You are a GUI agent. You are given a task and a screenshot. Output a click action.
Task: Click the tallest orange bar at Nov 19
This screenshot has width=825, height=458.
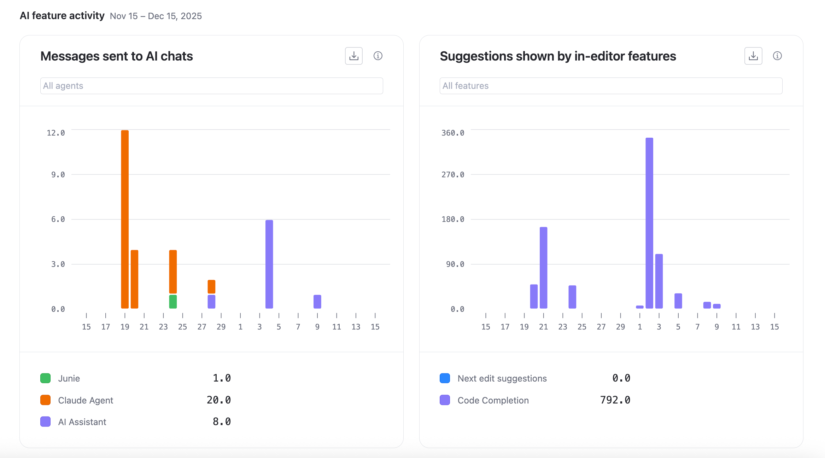click(x=125, y=219)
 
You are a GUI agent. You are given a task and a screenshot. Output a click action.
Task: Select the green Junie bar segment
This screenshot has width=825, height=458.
click(x=173, y=302)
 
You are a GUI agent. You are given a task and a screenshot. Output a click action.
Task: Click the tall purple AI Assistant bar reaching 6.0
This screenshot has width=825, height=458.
click(x=269, y=264)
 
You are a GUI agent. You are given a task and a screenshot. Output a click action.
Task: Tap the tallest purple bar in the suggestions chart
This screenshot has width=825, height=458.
click(x=649, y=223)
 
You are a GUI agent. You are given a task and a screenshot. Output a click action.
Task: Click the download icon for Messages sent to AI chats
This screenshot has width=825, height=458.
click(x=354, y=56)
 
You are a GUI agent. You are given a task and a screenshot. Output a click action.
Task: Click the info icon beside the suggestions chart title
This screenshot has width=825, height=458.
click(x=777, y=56)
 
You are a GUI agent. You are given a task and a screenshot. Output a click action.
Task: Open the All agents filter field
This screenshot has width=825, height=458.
click(x=211, y=86)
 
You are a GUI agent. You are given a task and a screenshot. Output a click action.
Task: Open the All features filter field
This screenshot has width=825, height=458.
click(x=610, y=86)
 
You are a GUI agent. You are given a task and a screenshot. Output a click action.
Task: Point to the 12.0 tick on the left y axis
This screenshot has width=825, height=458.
click(x=56, y=133)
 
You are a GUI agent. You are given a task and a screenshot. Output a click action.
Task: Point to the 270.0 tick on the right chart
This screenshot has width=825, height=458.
click(x=453, y=174)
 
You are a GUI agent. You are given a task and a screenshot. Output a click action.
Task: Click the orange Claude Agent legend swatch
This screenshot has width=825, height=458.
click(x=46, y=400)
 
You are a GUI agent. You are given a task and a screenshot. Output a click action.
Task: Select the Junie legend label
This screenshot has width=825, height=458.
click(x=69, y=378)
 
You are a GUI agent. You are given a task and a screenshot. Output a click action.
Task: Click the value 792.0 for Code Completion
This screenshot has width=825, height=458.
click(x=615, y=400)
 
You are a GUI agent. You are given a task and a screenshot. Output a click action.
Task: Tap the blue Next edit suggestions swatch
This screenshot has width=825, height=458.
click(x=445, y=378)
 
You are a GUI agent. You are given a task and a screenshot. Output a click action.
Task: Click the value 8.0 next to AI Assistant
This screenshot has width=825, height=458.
click(x=222, y=422)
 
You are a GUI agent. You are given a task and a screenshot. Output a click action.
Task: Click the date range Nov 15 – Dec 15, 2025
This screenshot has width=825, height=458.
click(x=156, y=16)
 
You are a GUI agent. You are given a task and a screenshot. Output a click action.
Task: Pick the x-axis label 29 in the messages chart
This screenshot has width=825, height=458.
click(x=221, y=327)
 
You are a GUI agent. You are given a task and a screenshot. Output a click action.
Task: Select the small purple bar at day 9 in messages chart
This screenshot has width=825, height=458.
click(x=317, y=302)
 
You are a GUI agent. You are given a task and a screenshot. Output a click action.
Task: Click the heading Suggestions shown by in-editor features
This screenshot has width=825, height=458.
click(x=557, y=56)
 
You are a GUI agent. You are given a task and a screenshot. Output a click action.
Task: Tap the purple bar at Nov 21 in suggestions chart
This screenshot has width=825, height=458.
click(x=543, y=268)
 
